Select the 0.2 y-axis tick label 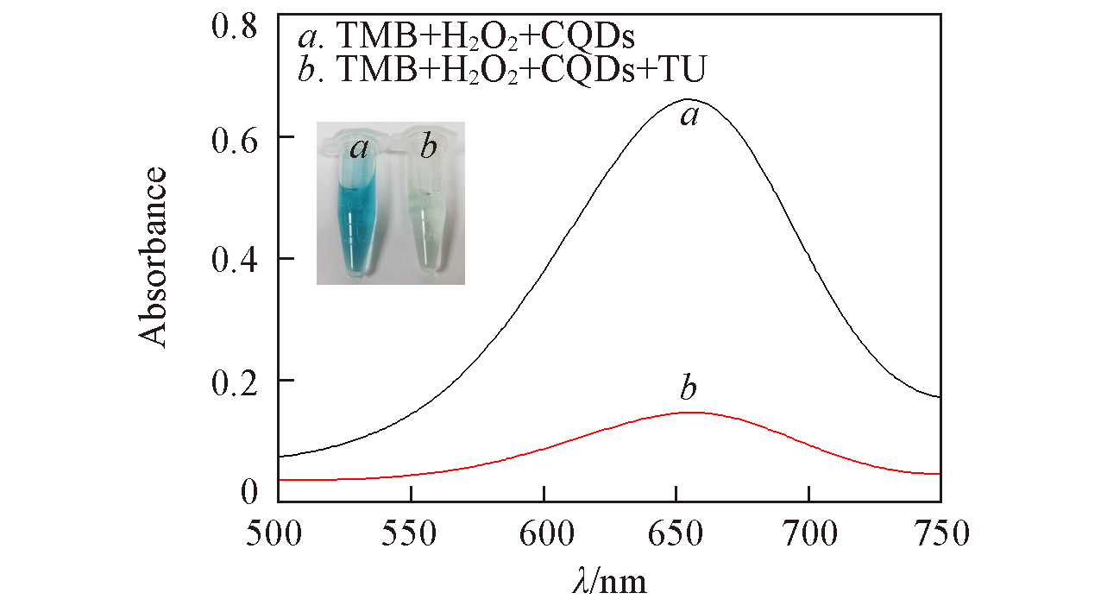point(235,380)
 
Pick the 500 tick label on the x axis point(278,530)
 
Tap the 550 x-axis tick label point(412,530)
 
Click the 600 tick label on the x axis point(544,530)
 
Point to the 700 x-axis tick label point(809,530)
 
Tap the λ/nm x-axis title point(609,580)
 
